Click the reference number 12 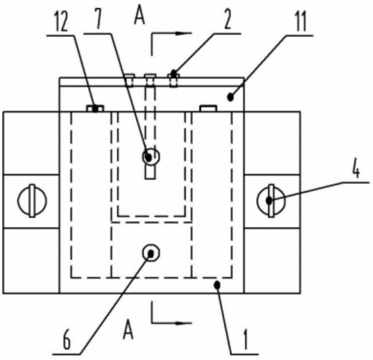[61, 22]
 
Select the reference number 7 [98, 20]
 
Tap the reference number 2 [227, 20]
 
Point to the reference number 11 [301, 22]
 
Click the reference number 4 [355, 169]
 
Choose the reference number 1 [246, 339]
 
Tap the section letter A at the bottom [128, 330]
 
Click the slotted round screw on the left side [32, 201]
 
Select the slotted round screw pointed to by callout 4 [271, 201]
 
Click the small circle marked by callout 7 [151, 157]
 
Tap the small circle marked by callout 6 [151, 253]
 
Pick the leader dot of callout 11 [231, 98]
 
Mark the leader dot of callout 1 [218, 285]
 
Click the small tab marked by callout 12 [95, 108]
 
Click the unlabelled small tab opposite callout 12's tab [208, 108]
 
